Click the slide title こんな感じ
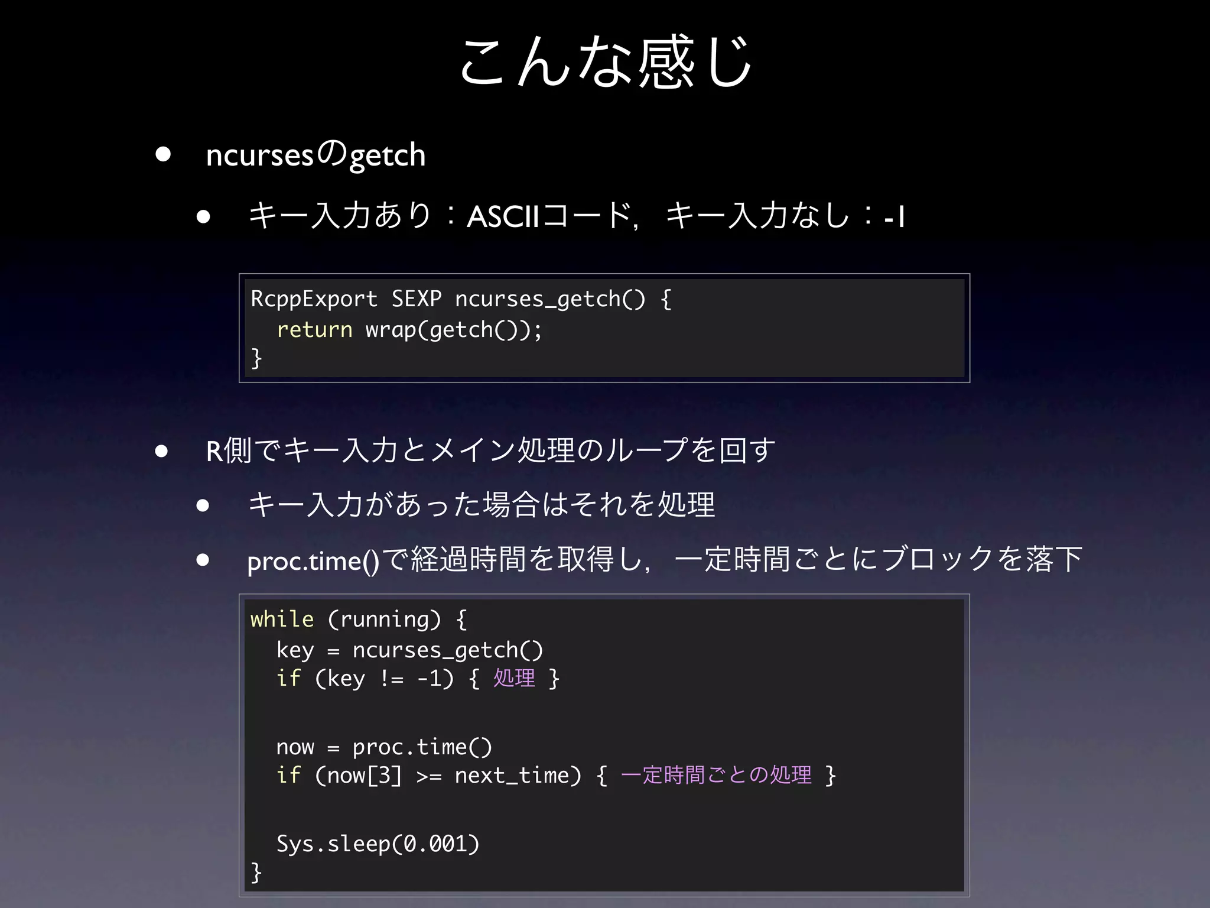pos(605,62)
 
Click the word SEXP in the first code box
pos(417,299)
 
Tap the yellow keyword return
pos(314,330)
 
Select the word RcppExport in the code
pos(314,299)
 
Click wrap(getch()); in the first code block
pos(453,330)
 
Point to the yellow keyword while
pos(282,620)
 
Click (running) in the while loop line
pos(384,620)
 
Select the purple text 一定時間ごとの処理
pos(716,775)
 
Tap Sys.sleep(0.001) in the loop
pos(378,844)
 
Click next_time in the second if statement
pos(511,775)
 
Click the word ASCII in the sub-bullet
pos(503,216)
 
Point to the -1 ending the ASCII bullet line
pos(895,217)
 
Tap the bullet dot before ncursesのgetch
pos(163,155)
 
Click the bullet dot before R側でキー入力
pos(162,451)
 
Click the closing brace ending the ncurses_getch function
pos(256,358)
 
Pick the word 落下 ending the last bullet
pos(1054,559)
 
